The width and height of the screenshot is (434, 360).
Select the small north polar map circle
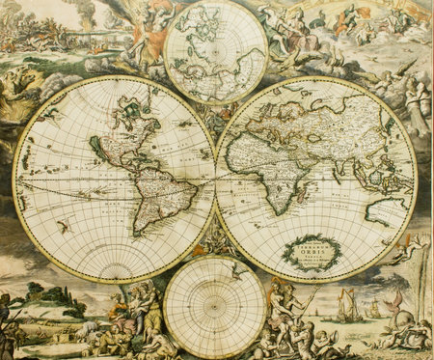click(x=214, y=49)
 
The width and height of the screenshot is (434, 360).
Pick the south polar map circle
click(x=214, y=307)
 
